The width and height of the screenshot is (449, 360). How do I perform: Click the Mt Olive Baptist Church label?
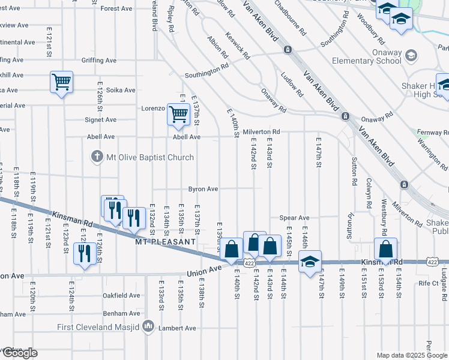click(150, 157)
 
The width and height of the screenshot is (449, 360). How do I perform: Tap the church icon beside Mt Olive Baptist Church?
click(96, 157)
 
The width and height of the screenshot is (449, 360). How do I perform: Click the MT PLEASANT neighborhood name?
click(165, 242)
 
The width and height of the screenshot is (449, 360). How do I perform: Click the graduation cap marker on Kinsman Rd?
click(310, 262)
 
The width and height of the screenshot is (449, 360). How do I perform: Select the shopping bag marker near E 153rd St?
click(385, 249)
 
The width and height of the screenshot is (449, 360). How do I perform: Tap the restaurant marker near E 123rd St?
click(84, 253)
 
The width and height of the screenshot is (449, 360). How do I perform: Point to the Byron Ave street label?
click(203, 188)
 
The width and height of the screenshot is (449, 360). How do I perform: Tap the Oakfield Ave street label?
click(121, 295)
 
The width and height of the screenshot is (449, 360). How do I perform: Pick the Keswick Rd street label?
click(238, 46)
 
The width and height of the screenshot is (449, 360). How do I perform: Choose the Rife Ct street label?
click(429, 282)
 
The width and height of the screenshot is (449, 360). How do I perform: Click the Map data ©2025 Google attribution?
click(411, 355)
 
